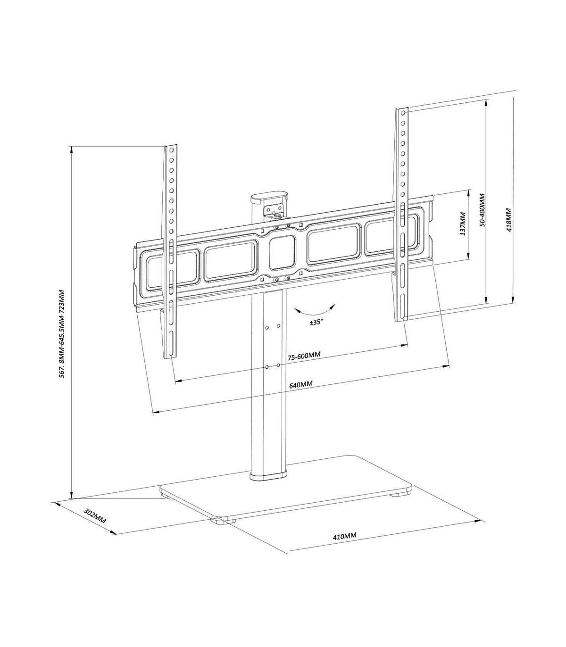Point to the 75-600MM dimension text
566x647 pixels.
point(304,356)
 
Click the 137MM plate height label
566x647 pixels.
point(463,224)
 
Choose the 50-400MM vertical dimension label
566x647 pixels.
point(483,210)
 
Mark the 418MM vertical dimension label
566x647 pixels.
point(509,220)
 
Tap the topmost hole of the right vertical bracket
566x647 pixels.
point(403,113)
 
